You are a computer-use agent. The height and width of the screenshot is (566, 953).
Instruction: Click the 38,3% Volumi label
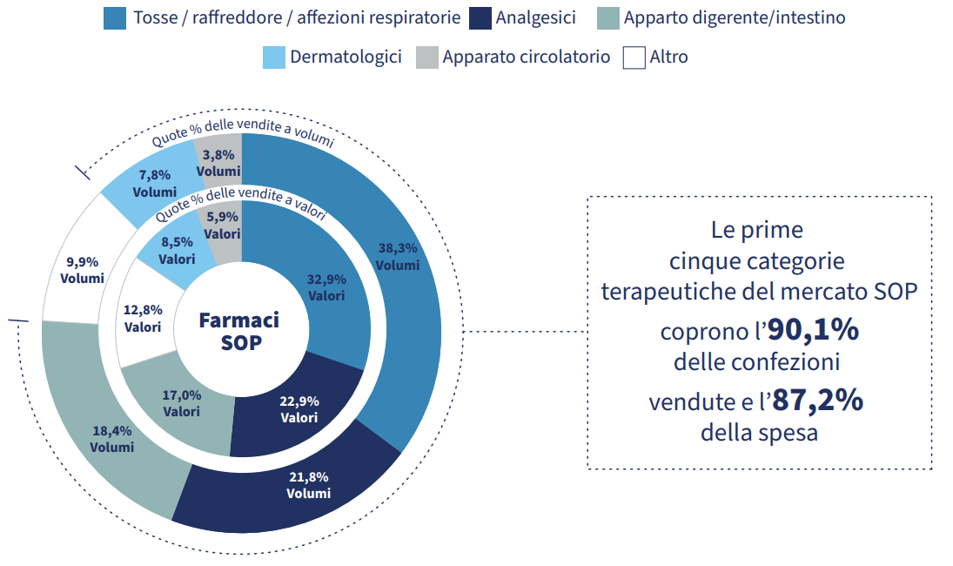(x=398, y=256)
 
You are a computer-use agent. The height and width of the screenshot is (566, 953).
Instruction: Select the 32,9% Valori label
(x=326, y=287)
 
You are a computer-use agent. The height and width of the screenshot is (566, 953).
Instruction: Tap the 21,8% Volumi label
(x=309, y=484)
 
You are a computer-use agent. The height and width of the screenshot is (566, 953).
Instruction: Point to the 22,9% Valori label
(x=299, y=409)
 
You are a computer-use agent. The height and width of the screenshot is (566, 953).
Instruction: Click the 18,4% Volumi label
(x=112, y=439)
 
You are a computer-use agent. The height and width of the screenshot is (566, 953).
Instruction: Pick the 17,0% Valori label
(x=181, y=403)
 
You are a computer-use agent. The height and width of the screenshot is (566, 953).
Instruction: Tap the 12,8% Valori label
(x=143, y=319)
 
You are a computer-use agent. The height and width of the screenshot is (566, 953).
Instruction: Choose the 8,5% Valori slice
(x=177, y=251)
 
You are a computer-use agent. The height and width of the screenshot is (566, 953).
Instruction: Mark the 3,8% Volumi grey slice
(x=218, y=163)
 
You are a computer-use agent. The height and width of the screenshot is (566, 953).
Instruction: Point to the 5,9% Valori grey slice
(x=223, y=226)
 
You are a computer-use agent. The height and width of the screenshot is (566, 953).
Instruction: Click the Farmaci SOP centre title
(x=239, y=330)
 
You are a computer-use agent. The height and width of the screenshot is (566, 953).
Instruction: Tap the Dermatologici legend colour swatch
(x=274, y=57)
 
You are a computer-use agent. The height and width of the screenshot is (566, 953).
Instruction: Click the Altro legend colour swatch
(x=634, y=57)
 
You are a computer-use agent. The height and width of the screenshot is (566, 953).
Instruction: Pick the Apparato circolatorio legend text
(x=526, y=57)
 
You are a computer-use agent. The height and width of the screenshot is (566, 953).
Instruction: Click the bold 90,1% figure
(x=813, y=331)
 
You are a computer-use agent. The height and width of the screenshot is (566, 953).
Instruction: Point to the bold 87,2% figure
(x=817, y=401)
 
